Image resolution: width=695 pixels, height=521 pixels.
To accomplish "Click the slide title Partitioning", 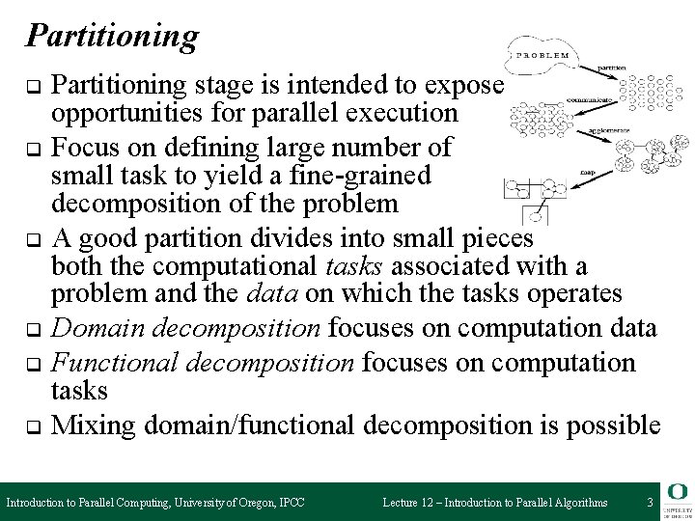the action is [112, 37].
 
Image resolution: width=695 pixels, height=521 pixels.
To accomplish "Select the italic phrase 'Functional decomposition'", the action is [206, 363].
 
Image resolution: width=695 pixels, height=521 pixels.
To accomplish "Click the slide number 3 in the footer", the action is [651, 503].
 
